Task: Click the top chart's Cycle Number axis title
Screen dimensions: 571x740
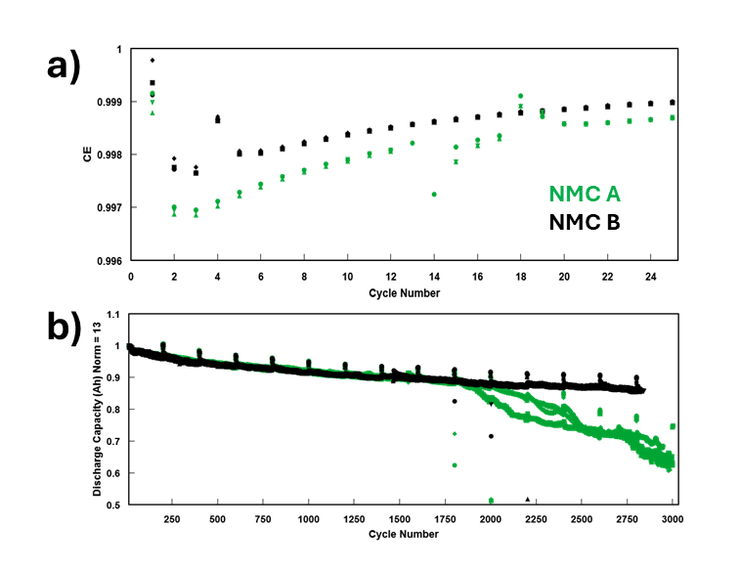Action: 404,293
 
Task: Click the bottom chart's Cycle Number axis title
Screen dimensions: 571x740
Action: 404,536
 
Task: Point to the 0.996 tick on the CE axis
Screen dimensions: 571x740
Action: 110,261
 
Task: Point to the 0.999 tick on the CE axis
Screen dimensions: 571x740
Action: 110,102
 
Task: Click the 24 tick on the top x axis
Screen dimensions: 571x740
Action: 650,277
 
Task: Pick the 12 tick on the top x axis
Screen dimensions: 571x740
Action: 391,277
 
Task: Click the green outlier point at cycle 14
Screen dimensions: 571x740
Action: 434,195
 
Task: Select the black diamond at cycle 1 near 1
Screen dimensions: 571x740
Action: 152,61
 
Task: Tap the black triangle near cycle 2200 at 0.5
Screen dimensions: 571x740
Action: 528,499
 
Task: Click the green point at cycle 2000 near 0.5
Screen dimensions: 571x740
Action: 491,501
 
